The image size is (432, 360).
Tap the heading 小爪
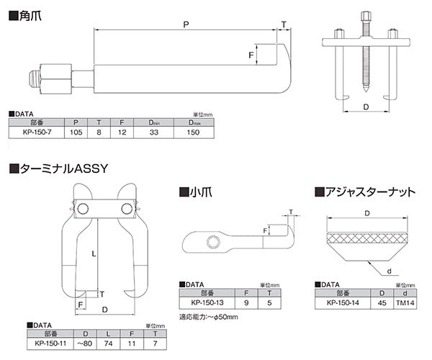coord(197,192)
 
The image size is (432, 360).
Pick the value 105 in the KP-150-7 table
coord(76,133)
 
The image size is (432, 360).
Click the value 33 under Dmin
coord(153,133)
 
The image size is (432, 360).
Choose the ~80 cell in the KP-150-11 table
coord(87,343)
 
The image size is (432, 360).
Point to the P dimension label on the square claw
coord(186,24)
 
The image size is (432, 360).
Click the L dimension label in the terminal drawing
coord(95,253)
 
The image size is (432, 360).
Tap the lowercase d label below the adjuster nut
coord(388,271)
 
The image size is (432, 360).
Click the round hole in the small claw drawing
coord(213,240)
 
